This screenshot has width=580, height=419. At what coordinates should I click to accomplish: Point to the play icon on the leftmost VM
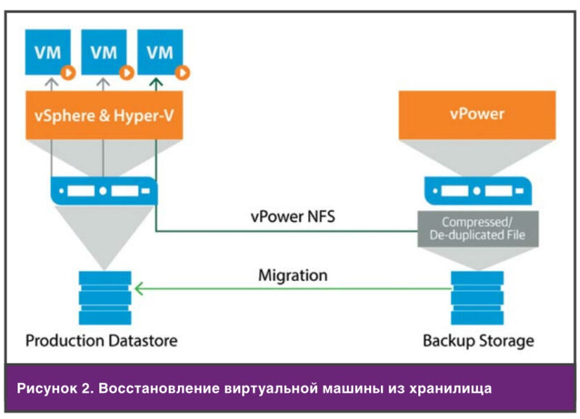[69, 72]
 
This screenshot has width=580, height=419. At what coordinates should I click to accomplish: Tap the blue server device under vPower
[477, 190]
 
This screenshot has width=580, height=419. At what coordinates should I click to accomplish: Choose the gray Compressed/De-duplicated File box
[477, 227]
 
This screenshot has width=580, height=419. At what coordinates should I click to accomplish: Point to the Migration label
[292, 275]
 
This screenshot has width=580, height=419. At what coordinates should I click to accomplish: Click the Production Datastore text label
[102, 341]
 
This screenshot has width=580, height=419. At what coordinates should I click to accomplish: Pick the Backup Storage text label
[478, 342]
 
